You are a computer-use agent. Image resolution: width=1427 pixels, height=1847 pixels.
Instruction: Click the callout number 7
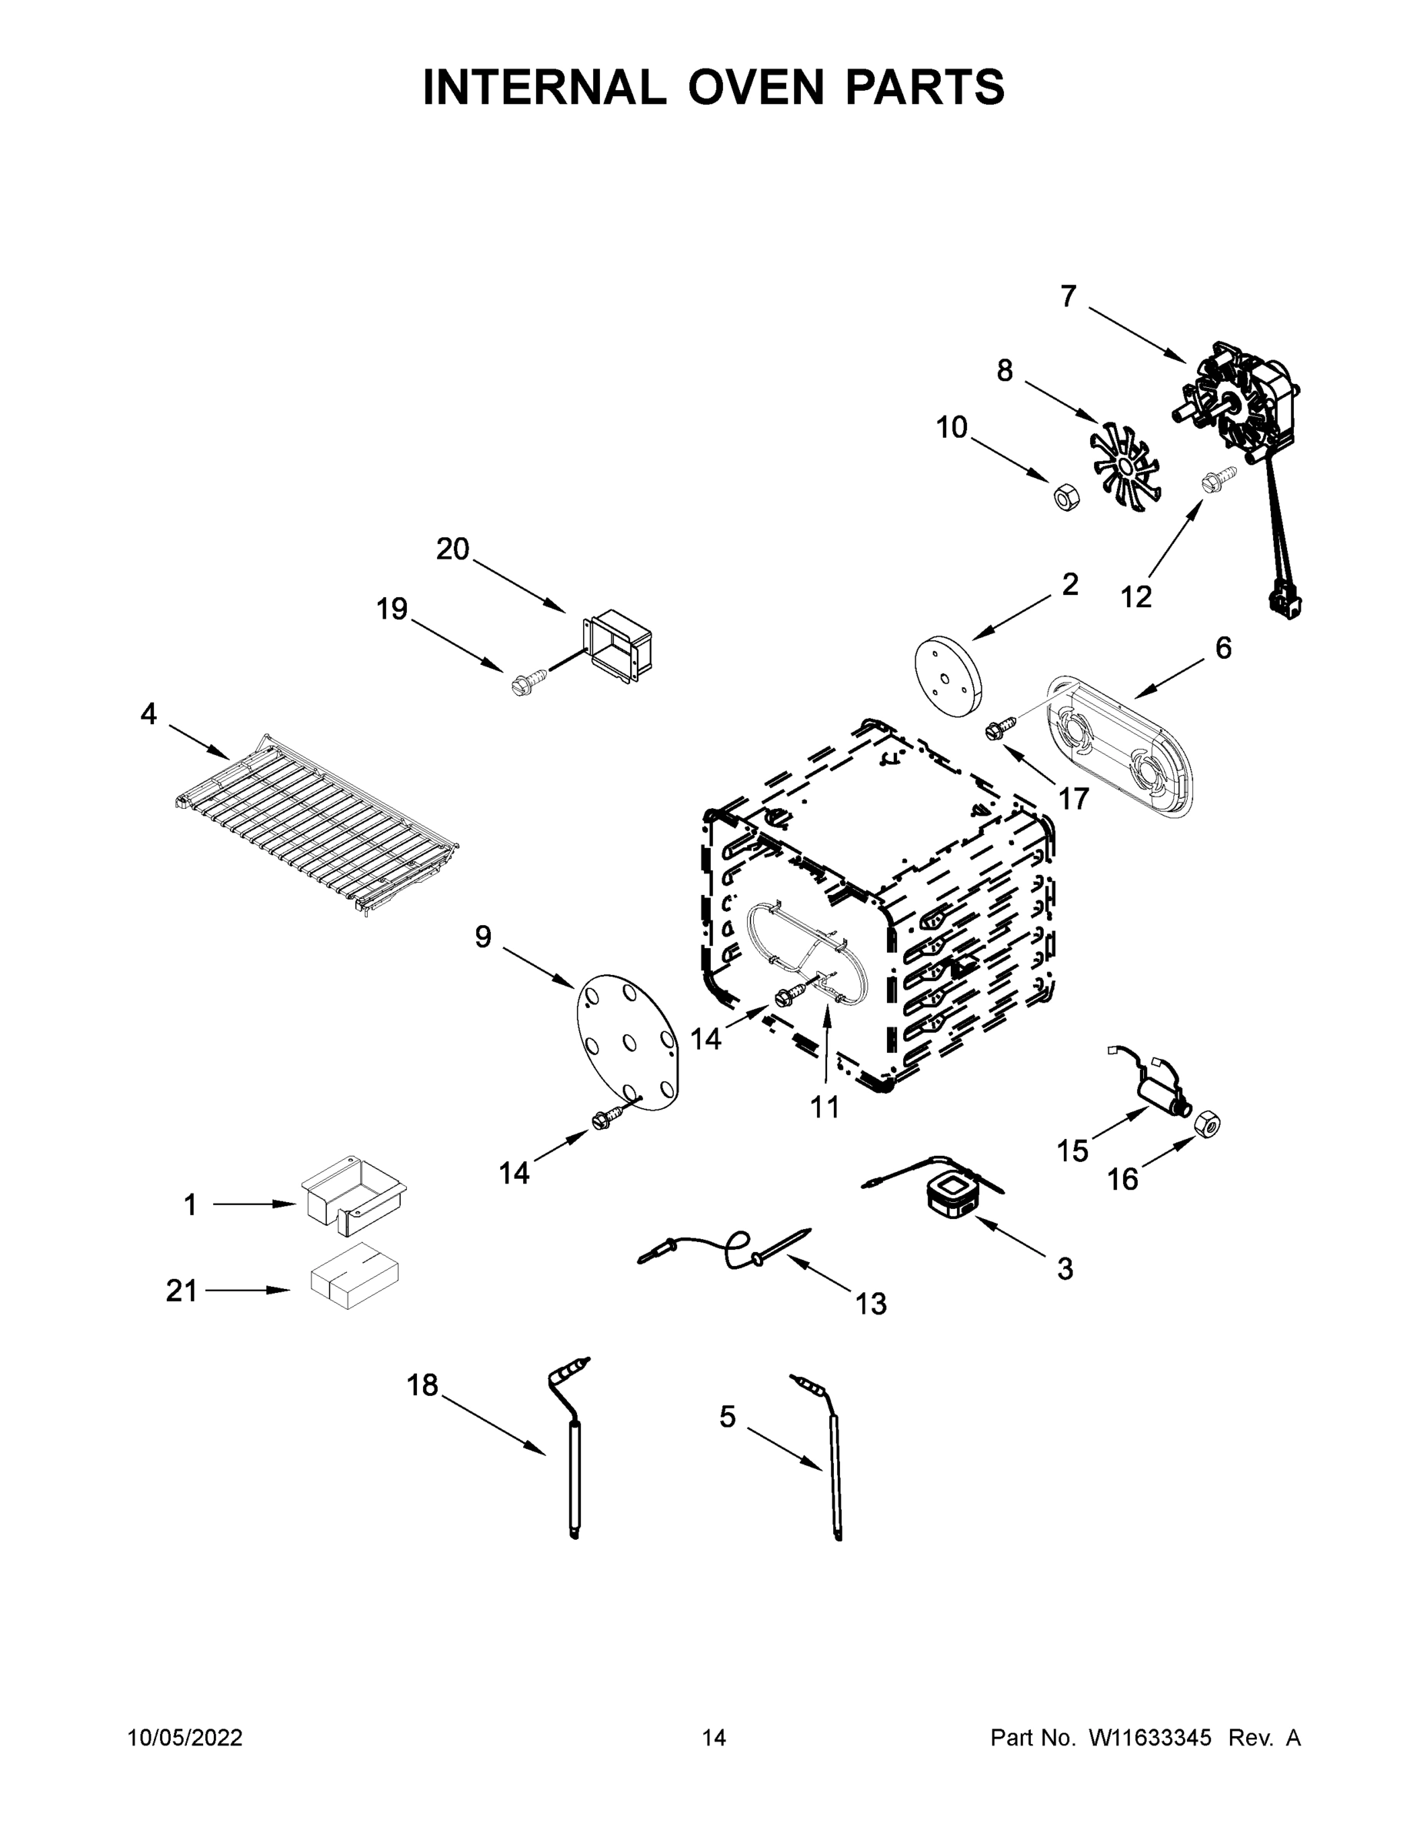[1069, 297]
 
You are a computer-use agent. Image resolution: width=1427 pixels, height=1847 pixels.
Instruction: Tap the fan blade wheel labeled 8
[1125, 468]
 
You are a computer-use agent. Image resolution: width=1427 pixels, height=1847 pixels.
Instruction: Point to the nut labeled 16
[1207, 1124]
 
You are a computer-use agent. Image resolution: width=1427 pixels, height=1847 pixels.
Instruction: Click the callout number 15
[1073, 1151]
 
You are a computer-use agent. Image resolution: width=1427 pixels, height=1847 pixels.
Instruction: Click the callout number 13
[871, 1304]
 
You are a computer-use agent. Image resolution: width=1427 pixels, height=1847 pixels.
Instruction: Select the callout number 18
[422, 1385]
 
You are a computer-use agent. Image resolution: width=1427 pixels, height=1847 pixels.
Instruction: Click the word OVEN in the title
[755, 87]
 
